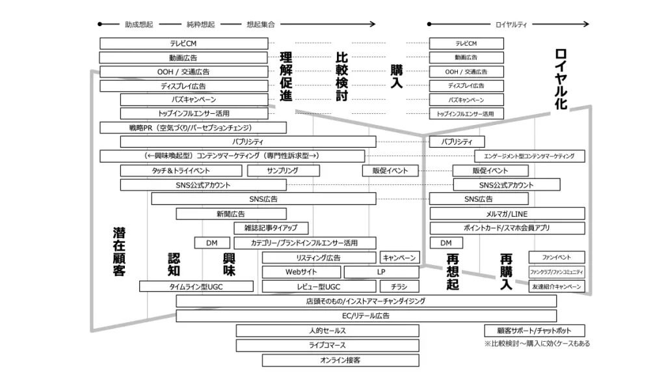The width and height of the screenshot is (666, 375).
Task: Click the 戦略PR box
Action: point(193,128)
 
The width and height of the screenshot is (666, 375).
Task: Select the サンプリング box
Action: point(283,171)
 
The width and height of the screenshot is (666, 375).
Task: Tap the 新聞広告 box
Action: point(231,214)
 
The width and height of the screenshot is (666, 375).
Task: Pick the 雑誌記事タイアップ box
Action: point(271,228)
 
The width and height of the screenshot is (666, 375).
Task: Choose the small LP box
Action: point(381,272)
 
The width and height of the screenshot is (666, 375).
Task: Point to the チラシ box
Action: point(399,286)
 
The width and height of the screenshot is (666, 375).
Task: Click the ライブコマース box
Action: point(327,345)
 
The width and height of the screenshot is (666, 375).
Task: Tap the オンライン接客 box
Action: point(340,360)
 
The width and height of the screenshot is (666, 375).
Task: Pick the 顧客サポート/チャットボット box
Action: point(535,331)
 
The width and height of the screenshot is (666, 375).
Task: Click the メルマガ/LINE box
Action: point(507,214)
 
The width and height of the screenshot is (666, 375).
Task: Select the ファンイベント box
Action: point(556,257)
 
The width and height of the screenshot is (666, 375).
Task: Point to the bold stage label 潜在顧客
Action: point(119,251)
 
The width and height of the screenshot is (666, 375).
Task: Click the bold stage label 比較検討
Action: point(342,77)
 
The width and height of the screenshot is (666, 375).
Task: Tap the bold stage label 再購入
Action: point(506,271)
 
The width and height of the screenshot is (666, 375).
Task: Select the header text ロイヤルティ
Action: point(511,25)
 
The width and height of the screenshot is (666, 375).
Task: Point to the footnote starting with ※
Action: point(537,344)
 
